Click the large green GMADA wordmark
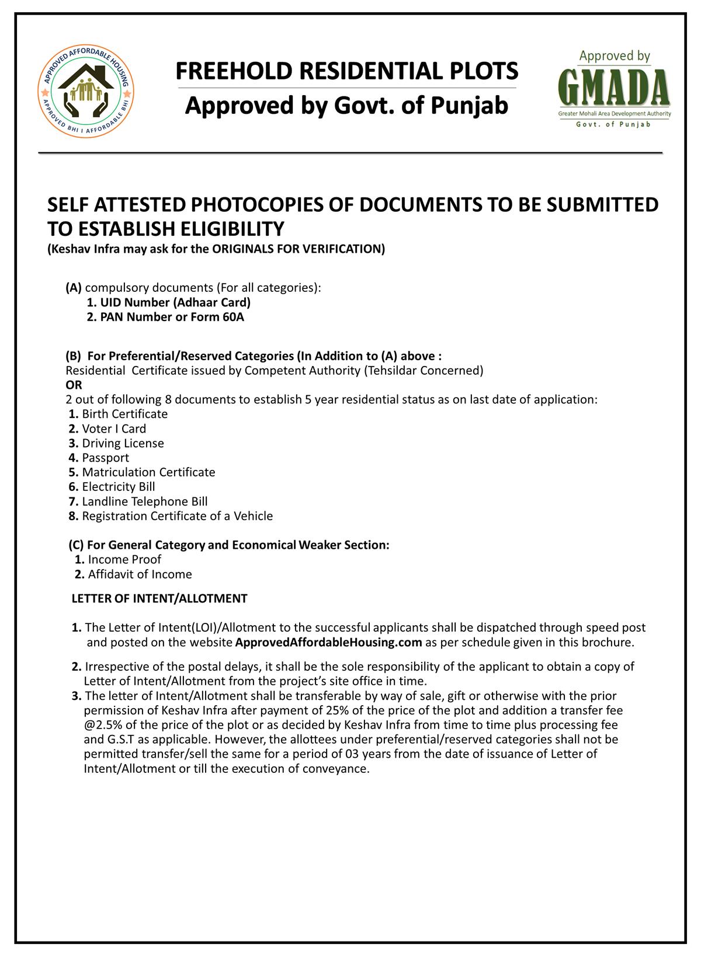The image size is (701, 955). [x=615, y=88]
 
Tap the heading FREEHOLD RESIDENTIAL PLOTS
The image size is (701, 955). [x=347, y=71]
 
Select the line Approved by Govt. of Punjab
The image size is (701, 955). [x=347, y=106]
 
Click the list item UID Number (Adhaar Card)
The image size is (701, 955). [x=169, y=302]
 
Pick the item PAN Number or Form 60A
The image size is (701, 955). [x=165, y=317]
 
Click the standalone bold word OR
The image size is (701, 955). [x=74, y=385]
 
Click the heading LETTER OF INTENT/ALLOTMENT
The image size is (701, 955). [x=159, y=598]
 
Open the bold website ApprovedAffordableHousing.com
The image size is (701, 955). [x=328, y=643]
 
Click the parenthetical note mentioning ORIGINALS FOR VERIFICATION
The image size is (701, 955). [x=216, y=249]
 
